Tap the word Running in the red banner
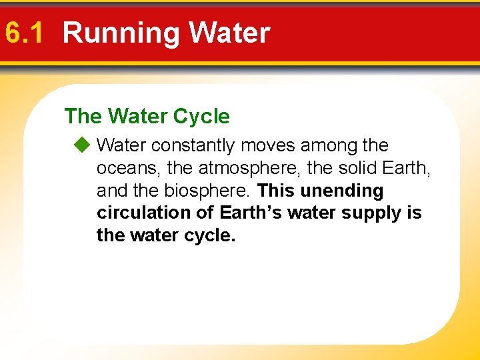121,33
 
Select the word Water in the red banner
229,33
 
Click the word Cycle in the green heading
201,117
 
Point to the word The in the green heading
83,117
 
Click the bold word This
276,191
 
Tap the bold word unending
342,191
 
